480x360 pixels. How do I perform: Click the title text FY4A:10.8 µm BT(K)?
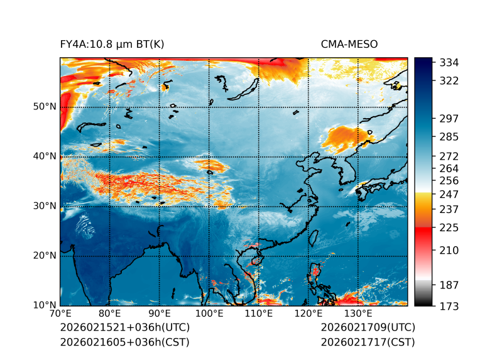(x=112, y=44)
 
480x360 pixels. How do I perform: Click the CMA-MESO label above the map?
(x=349, y=44)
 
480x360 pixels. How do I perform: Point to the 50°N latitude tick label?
(x=45, y=107)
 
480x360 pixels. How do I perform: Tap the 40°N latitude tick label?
(x=45, y=156)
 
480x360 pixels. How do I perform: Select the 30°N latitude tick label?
(x=45, y=206)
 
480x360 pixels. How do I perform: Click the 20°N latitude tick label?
(x=45, y=256)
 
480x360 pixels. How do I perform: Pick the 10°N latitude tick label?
(x=45, y=305)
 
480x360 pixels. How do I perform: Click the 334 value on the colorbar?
(x=449, y=63)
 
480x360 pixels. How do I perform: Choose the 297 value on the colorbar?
(x=449, y=119)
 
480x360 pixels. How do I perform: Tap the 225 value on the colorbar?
(x=449, y=227)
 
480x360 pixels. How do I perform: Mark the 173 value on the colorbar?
(x=449, y=306)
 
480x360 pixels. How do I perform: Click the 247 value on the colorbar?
(x=449, y=194)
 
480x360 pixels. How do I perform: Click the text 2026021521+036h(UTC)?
(x=124, y=328)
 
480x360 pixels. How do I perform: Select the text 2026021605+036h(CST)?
(x=124, y=342)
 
